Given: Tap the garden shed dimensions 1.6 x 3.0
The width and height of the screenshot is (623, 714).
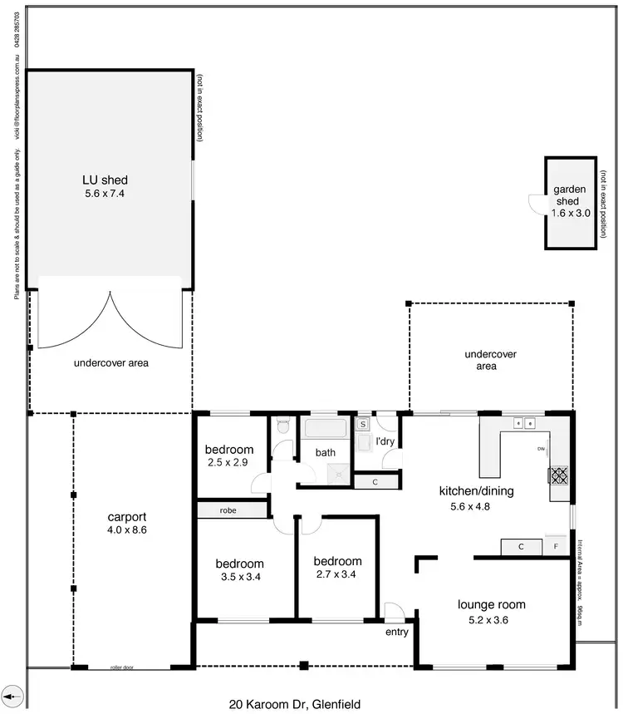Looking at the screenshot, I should (x=571, y=213).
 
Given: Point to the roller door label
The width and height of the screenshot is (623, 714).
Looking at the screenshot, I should (x=124, y=667).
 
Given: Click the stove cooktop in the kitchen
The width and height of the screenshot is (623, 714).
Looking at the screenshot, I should (x=558, y=475).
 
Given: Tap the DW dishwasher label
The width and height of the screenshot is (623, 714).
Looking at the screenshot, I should (x=541, y=450).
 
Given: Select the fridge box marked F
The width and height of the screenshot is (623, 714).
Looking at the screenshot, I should (x=556, y=546).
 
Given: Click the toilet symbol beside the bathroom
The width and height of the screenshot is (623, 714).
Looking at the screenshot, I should (x=283, y=426).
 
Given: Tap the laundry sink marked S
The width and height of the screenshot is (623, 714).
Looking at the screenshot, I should (x=363, y=424).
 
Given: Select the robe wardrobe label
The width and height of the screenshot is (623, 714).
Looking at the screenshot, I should (x=230, y=510).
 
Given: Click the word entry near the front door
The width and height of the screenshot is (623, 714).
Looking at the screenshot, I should (x=397, y=633).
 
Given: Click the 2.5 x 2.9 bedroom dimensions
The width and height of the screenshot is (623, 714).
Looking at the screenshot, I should (x=229, y=462).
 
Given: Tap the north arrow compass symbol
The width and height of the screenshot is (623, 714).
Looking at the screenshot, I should (x=12, y=695).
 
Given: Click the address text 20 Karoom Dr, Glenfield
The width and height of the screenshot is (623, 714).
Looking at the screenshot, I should (x=295, y=704).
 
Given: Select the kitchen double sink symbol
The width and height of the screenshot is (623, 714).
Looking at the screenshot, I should (x=524, y=423).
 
